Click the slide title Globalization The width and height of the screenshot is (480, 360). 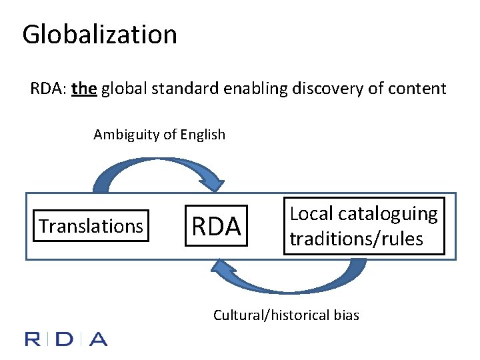click(x=99, y=35)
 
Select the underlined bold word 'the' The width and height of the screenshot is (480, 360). click(x=84, y=89)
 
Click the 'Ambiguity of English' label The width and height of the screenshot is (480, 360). click(x=159, y=135)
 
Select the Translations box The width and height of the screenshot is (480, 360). click(x=91, y=226)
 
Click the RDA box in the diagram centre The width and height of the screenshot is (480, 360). click(x=216, y=227)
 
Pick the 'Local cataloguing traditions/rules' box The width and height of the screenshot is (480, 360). click(x=363, y=226)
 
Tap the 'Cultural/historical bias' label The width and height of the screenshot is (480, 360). click(x=286, y=315)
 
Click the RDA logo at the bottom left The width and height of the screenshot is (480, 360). click(x=66, y=339)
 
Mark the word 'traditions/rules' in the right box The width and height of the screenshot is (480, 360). click(x=356, y=239)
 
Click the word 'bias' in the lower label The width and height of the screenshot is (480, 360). click(x=346, y=315)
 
